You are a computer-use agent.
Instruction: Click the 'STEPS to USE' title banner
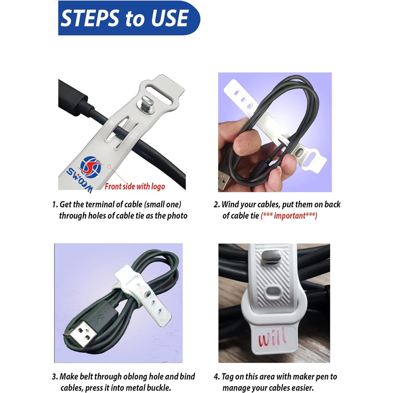[x=129, y=18]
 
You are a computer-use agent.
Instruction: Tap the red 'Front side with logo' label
[x=135, y=187]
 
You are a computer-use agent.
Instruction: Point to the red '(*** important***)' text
[x=289, y=216]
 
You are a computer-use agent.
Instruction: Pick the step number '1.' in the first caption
[x=55, y=204]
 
